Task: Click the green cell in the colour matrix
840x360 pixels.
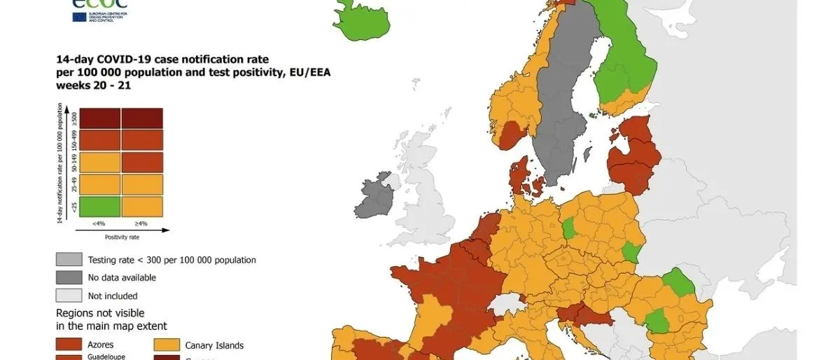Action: pos(100,207)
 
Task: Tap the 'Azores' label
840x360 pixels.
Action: pos(101,345)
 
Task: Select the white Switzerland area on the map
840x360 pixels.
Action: pos(507,305)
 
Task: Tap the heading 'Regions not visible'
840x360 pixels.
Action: pos(100,313)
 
